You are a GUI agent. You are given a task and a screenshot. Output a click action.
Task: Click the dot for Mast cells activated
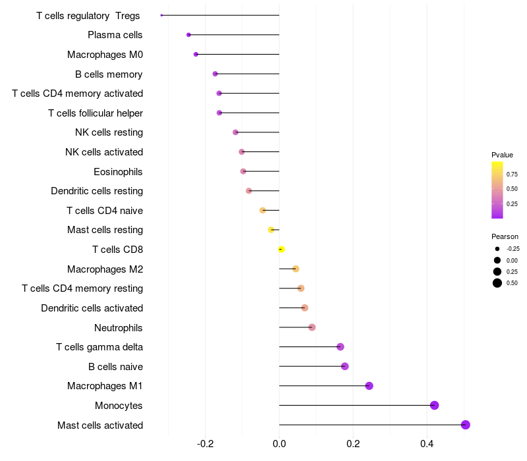(x=465, y=425)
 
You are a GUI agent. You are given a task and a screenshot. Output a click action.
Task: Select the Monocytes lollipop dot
(x=434, y=405)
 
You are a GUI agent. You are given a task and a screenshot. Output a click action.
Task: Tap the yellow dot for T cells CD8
(x=281, y=250)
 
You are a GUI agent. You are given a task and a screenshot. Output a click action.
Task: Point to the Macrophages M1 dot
(x=369, y=386)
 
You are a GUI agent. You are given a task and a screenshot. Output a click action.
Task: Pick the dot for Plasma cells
(x=188, y=35)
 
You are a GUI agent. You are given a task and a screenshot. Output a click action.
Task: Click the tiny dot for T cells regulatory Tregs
(x=161, y=15)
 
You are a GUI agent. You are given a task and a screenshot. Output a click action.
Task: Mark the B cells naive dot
(x=345, y=366)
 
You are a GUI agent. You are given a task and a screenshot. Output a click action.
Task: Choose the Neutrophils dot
(x=312, y=327)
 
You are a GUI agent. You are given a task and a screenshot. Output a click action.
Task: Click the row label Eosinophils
(x=119, y=172)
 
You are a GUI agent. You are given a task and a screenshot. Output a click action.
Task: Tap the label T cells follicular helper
(x=96, y=113)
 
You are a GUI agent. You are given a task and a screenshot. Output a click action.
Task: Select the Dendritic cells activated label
(x=92, y=308)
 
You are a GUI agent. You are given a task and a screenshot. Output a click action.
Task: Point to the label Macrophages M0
(x=105, y=55)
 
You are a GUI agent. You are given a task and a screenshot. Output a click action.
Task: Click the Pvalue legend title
(x=502, y=155)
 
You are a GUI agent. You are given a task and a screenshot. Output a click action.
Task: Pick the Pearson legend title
(x=505, y=236)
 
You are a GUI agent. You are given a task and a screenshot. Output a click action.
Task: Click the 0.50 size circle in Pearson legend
(x=497, y=283)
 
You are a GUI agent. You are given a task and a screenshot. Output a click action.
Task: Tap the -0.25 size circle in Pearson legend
(x=497, y=249)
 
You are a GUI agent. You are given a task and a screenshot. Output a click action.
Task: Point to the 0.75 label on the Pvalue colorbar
(x=512, y=175)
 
